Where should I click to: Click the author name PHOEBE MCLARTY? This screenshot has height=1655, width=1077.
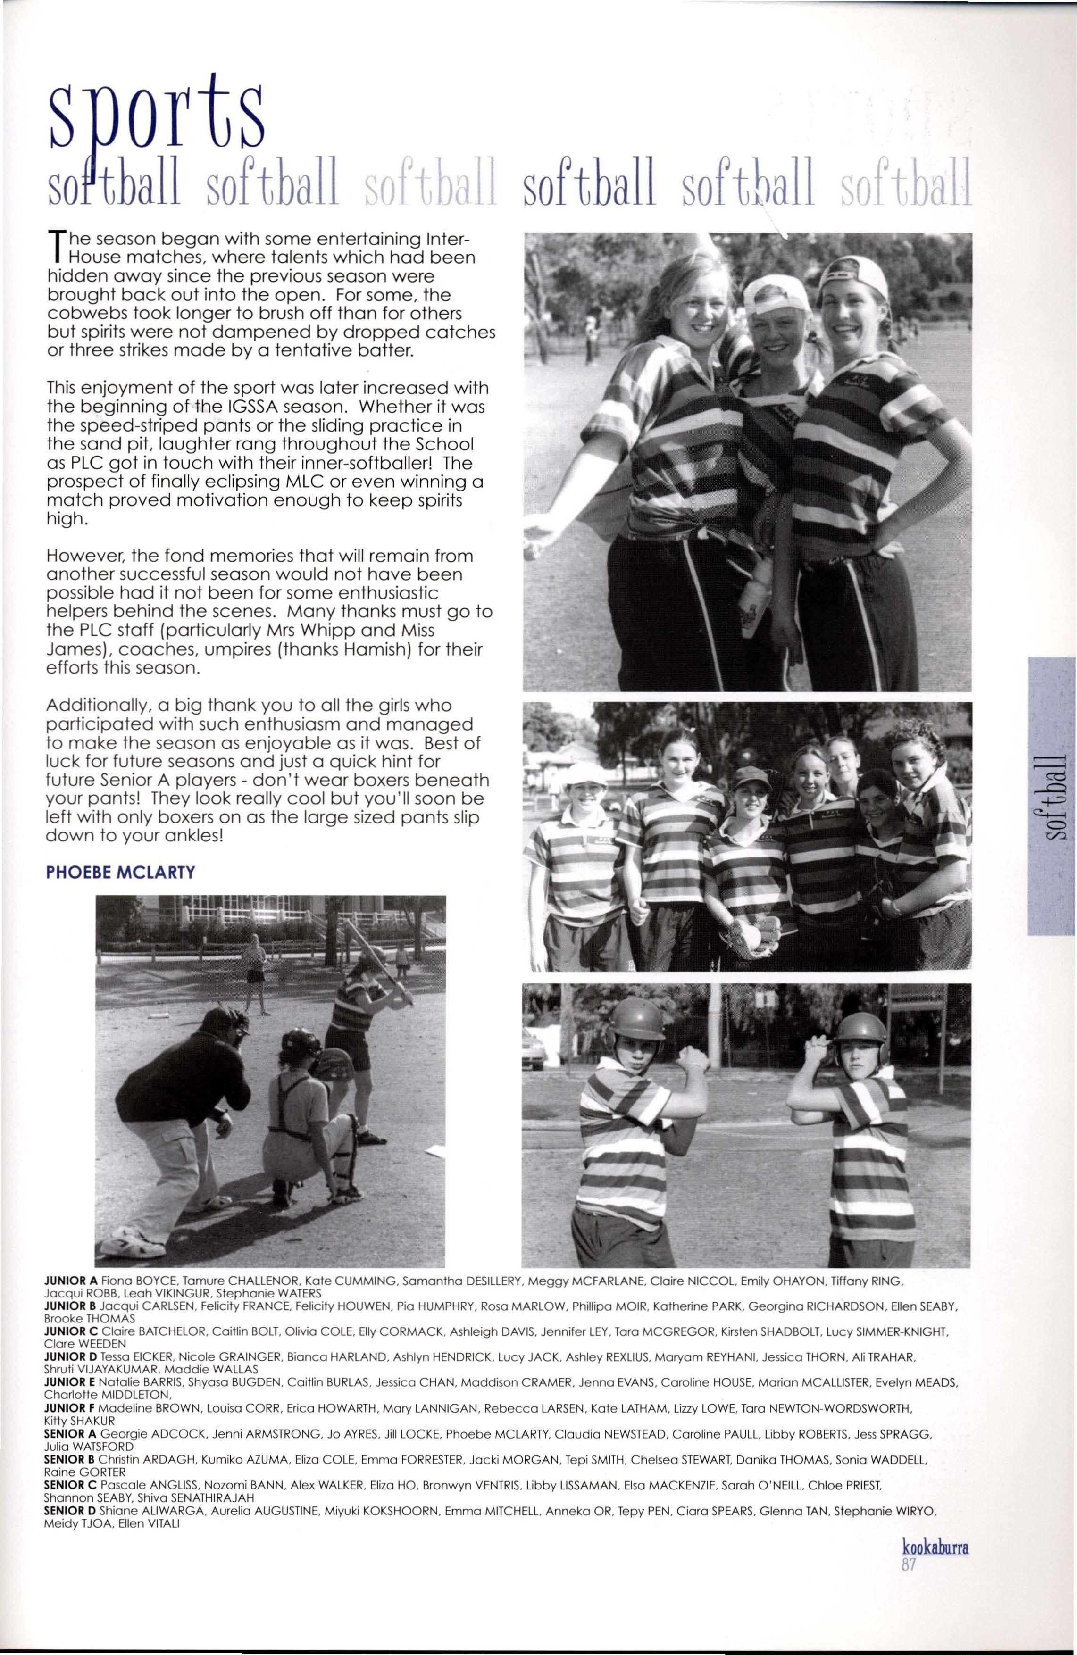click(x=120, y=872)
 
